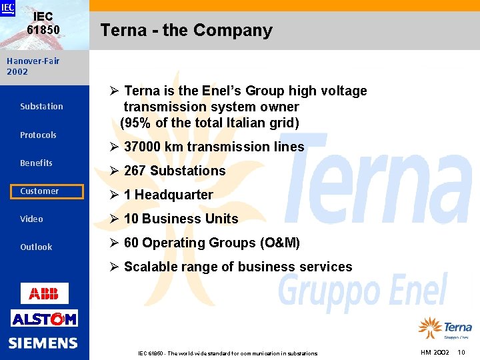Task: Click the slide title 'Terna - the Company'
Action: click(186, 31)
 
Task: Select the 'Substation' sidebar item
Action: click(41, 107)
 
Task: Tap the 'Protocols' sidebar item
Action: click(38, 135)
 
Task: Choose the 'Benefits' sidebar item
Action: click(36, 163)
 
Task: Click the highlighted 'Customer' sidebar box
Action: click(42, 191)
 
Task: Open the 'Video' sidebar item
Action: click(31, 219)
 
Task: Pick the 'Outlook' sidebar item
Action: click(36, 247)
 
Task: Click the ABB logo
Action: click(44, 293)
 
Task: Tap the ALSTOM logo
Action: click(44, 319)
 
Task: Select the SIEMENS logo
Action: click(43, 343)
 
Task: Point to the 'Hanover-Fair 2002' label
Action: click(33, 66)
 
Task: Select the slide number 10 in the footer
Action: click(461, 352)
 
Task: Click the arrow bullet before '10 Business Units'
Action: click(114, 219)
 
